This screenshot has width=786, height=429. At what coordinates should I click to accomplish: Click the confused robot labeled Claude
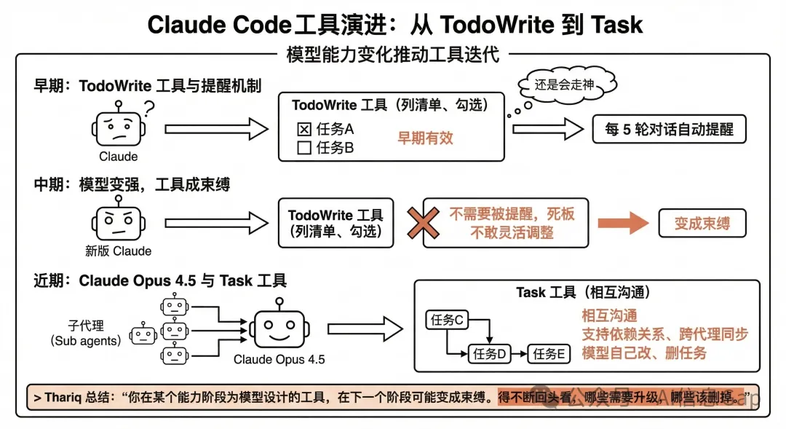pos(118,128)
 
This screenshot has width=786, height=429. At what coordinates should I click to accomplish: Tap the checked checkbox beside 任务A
pos(304,130)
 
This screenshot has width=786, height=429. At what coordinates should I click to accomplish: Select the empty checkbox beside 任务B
pos(304,148)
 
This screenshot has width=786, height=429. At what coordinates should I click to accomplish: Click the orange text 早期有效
pos(425,138)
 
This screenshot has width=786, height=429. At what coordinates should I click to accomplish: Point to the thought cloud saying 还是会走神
pos(564,85)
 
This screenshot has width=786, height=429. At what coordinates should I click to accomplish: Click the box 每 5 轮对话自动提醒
pos(670,130)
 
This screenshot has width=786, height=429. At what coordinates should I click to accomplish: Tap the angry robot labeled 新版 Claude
pos(118,222)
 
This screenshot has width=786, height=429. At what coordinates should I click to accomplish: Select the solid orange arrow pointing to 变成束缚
pos(623,224)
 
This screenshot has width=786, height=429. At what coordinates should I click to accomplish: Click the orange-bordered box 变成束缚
pos(702,224)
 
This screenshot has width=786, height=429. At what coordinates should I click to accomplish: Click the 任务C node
pos(448,320)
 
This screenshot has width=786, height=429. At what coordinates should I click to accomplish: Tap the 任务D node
pos(488,354)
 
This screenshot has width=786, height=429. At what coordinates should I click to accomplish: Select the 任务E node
pos(549,354)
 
